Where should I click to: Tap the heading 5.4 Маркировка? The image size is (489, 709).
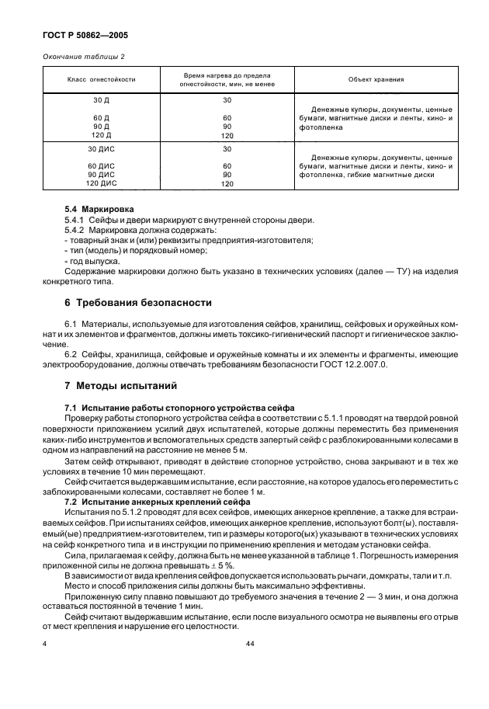pos(99,210)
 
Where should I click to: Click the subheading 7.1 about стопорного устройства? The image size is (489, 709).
pos(174,408)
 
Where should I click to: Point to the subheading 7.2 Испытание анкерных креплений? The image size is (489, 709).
pos(157,502)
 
